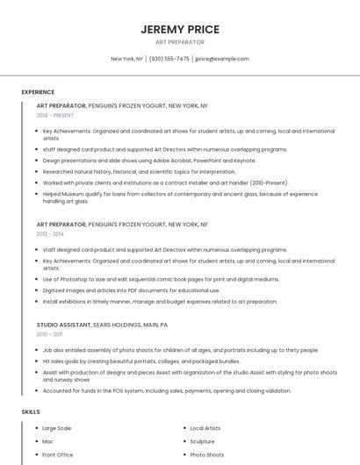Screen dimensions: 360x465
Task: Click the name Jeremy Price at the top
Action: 179,30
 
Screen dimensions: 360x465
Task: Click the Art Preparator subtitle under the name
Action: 179,42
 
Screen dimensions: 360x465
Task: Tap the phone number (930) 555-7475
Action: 169,59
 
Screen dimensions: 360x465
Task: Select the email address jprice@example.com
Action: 222,59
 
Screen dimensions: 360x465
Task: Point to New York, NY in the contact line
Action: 126,59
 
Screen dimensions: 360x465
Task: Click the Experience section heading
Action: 38,92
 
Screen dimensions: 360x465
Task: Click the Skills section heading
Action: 31,411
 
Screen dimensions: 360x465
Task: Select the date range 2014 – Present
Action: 55,115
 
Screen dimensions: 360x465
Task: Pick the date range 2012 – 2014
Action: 50,234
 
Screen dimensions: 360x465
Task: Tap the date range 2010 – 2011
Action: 49,334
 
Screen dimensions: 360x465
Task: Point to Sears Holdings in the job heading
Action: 118,325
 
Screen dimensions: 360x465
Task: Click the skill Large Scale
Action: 57,428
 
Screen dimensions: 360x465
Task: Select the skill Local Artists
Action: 205,428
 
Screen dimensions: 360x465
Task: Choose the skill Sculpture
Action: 202,441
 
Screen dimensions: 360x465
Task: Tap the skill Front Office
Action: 58,455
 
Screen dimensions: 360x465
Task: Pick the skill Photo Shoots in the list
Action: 207,455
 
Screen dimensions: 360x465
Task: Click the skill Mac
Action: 47,441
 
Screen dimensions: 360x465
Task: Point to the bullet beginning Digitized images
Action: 131,290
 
